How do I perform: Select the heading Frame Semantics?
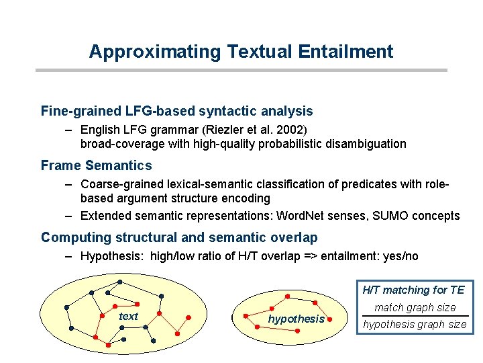[97, 165]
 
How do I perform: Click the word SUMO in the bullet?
[390, 216]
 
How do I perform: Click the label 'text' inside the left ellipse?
[127, 317]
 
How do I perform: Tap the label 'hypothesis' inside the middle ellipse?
[296, 319]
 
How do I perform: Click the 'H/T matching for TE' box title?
[413, 290]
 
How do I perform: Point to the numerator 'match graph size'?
[415, 308]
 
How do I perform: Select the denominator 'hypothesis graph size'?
[415, 325]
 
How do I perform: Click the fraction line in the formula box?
[415, 316]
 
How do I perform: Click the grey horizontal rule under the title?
[241, 70]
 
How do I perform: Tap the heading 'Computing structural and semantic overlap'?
[179, 237]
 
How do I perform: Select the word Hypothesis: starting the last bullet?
[111, 256]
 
